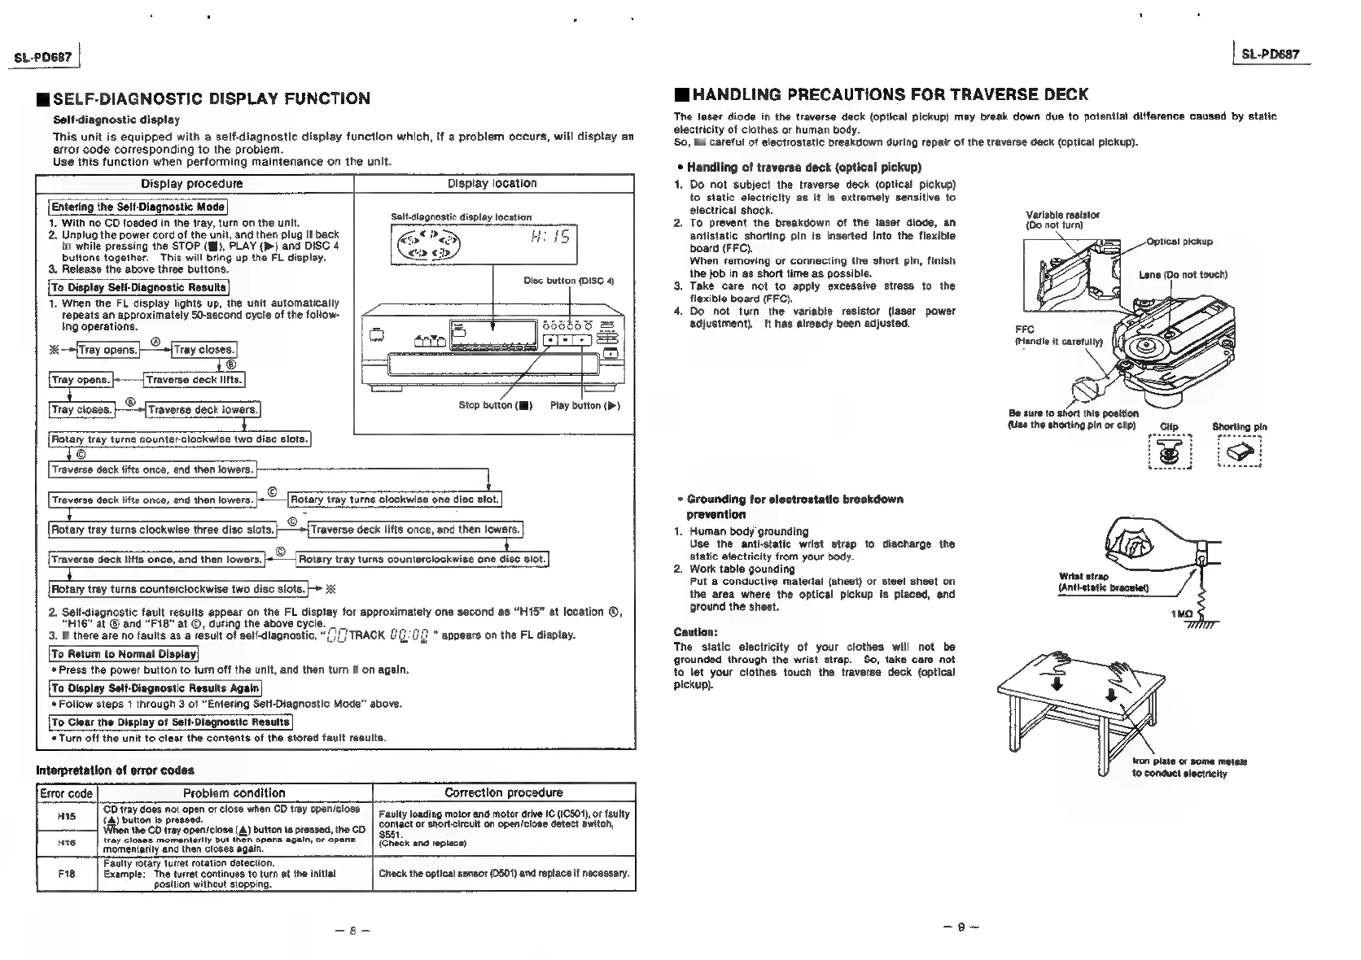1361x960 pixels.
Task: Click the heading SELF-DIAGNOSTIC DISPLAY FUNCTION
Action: pyautogui.click(x=211, y=99)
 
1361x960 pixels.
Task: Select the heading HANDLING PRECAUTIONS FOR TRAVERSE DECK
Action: pyautogui.click(x=889, y=94)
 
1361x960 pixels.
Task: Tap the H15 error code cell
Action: pyautogui.click(x=67, y=816)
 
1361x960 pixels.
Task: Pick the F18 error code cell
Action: pyautogui.click(x=67, y=873)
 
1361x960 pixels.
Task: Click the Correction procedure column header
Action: pyautogui.click(x=503, y=792)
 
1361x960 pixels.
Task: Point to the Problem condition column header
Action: pyautogui.click(x=234, y=793)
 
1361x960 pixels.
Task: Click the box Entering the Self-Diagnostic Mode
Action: pyautogui.click(x=138, y=207)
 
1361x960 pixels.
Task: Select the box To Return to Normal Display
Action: pyautogui.click(x=124, y=654)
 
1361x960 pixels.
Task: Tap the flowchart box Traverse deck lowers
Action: pyautogui.click(x=203, y=410)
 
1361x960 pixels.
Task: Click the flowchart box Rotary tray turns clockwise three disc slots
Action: pyautogui.click(x=162, y=530)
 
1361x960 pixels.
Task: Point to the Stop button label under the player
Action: pyautogui.click(x=495, y=405)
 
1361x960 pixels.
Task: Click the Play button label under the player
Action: pyautogui.click(x=584, y=405)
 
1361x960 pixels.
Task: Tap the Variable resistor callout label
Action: pyautogui.click(x=1062, y=220)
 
